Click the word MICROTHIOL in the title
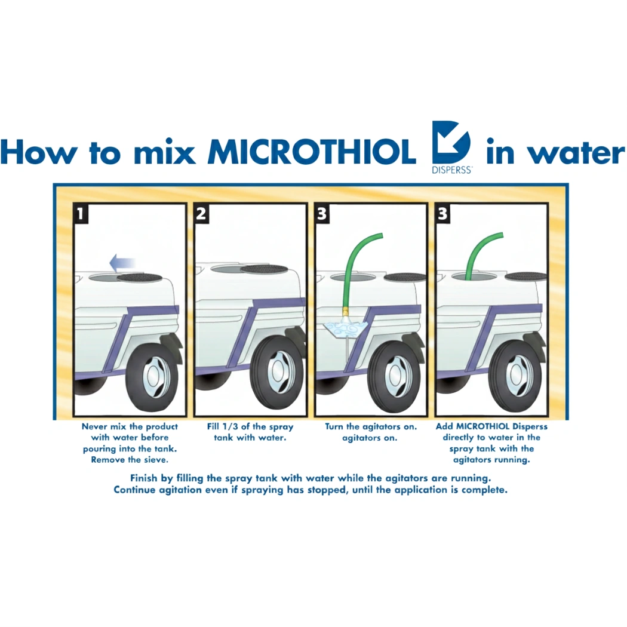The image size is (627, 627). (x=311, y=153)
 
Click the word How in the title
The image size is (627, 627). (x=40, y=153)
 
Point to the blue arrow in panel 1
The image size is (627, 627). (x=122, y=261)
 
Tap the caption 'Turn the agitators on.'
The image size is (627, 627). (x=371, y=427)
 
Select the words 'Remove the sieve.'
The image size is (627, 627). (x=130, y=460)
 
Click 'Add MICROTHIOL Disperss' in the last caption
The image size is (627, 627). (x=491, y=427)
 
